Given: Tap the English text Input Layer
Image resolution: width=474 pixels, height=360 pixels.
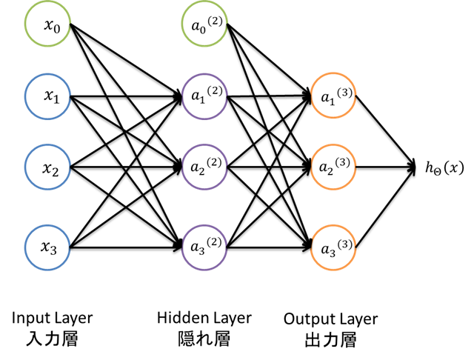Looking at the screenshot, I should tap(52, 319).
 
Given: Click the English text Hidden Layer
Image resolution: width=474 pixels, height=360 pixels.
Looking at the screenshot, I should tap(204, 319).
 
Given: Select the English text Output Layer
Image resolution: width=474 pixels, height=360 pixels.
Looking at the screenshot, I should tap(330, 319).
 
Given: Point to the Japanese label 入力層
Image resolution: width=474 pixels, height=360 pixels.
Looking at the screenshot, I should tap(52, 340).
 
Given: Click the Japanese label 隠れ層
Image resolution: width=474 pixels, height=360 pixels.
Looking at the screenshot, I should tap(204, 340).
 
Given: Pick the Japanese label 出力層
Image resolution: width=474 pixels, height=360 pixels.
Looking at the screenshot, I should tap(330, 341).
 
